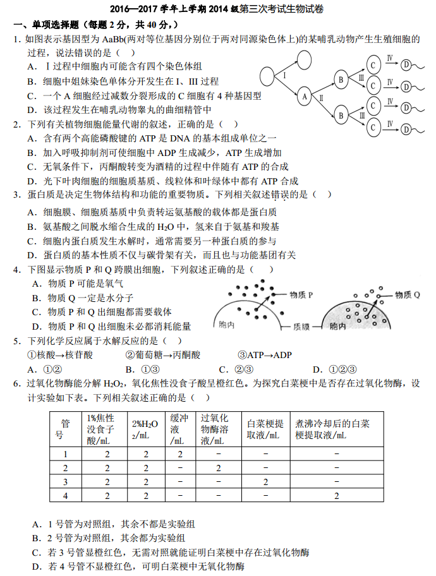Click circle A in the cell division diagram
click(x=305, y=97)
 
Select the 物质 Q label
click(x=408, y=294)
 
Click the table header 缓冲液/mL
click(x=179, y=429)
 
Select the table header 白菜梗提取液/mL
click(x=265, y=429)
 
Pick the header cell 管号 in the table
click(x=65, y=429)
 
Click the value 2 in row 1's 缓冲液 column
click(x=179, y=454)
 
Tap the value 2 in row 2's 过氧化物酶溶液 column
click(x=218, y=468)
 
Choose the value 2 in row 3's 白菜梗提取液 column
click(x=265, y=482)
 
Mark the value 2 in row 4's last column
click(x=337, y=496)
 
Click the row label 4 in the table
click(x=65, y=496)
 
